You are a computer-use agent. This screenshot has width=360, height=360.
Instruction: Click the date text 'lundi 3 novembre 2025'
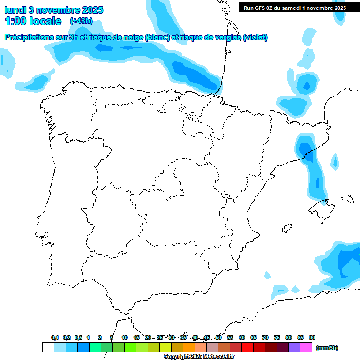(x=54, y=10)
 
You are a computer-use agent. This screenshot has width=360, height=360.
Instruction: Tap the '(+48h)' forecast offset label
(x=81, y=21)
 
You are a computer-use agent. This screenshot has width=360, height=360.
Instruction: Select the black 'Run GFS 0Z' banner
(x=295, y=7)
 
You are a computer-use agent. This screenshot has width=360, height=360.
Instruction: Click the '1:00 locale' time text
(x=33, y=21)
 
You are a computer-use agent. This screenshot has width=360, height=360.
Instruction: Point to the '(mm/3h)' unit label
(x=327, y=348)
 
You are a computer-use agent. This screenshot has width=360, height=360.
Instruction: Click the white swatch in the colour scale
(x=48, y=347)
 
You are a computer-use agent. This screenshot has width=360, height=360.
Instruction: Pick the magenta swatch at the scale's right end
(x=306, y=347)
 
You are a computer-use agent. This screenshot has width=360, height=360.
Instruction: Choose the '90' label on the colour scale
(x=312, y=337)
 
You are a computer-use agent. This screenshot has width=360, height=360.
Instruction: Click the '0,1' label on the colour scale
(x=55, y=337)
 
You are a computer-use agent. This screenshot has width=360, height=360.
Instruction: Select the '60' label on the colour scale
(x=242, y=337)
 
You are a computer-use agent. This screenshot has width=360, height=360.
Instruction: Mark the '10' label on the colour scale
(x=125, y=337)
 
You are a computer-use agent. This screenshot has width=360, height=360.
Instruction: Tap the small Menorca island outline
(x=347, y=199)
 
